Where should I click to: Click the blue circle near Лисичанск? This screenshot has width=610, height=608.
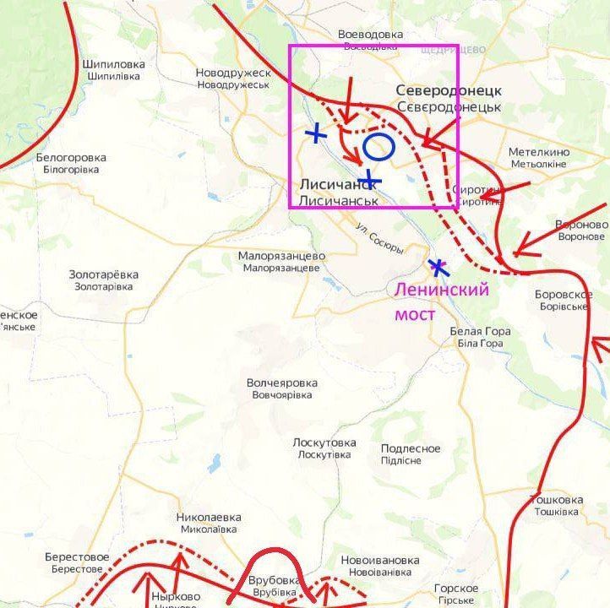379,147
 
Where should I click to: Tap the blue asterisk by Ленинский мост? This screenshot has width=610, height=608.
438,269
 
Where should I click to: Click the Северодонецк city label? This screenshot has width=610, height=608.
449,99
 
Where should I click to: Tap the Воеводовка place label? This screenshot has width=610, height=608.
370,40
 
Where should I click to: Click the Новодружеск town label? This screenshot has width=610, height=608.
233,79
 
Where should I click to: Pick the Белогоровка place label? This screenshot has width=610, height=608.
71,163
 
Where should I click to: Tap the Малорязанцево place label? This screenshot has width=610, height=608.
281,261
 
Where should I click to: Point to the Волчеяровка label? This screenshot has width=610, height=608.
282,388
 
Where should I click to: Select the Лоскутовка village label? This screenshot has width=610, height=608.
324,448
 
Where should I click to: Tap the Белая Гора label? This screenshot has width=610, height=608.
480,337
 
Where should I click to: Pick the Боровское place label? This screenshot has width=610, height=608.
562,300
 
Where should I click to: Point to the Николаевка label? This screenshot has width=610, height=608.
209,523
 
